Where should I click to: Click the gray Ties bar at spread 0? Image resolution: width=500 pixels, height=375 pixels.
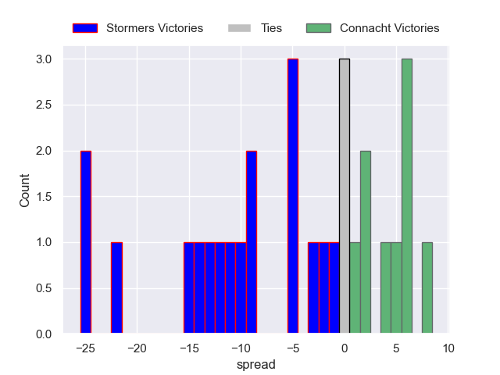click(x=345, y=197)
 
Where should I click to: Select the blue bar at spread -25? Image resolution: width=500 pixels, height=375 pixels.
click(x=85, y=242)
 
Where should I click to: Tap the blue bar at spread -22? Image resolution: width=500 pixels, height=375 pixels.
click(x=116, y=288)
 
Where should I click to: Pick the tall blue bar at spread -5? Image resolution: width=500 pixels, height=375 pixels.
click(x=292, y=197)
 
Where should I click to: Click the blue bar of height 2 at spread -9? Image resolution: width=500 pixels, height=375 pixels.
click(x=251, y=242)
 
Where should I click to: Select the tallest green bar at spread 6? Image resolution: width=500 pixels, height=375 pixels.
click(x=406, y=197)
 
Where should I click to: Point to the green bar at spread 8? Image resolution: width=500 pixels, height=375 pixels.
click(x=427, y=288)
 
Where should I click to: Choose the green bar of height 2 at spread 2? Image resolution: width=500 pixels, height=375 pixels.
click(x=365, y=242)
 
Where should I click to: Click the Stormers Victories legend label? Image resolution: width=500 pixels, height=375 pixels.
click(x=154, y=28)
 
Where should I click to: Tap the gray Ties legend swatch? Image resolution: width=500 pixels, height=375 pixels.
click(x=239, y=28)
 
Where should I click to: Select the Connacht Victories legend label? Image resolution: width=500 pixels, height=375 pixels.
click(x=389, y=28)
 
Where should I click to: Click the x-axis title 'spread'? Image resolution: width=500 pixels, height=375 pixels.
click(x=255, y=365)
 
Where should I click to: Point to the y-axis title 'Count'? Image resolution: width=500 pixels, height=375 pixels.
click(x=24, y=191)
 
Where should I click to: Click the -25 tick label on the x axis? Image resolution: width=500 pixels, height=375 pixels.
click(x=85, y=348)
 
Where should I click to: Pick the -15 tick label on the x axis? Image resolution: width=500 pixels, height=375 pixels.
click(x=189, y=348)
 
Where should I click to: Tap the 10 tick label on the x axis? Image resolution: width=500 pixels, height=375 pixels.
click(x=448, y=348)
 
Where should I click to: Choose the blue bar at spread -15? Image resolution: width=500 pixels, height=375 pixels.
click(x=189, y=288)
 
